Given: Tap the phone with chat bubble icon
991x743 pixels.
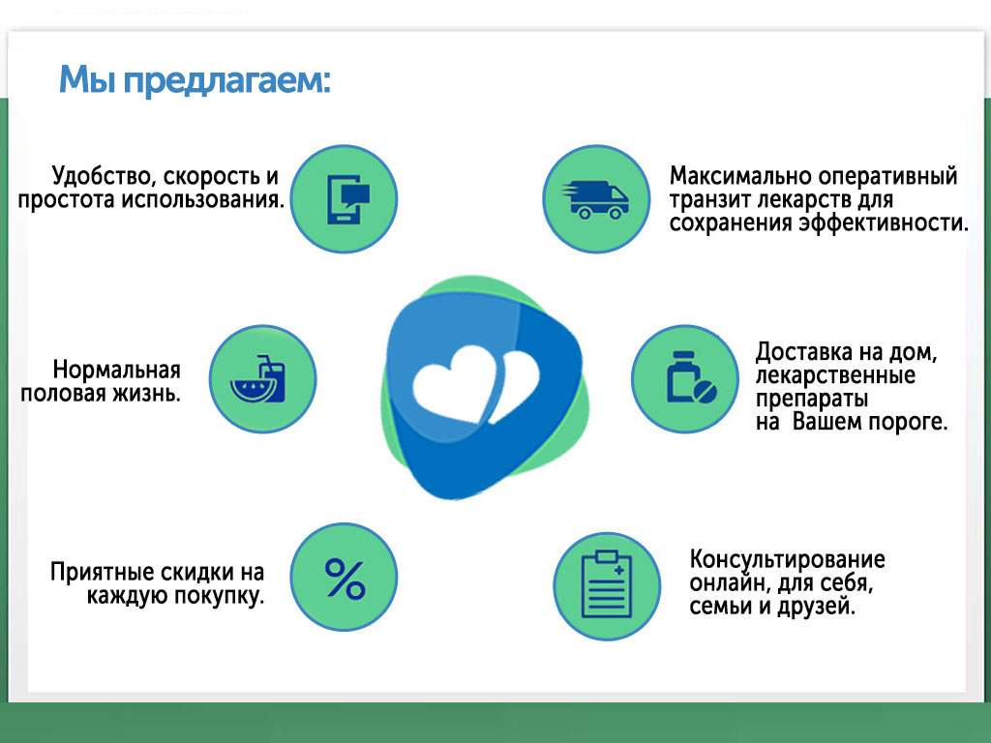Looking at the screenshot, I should [x=345, y=199].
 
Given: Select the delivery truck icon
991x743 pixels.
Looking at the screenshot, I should [x=595, y=199].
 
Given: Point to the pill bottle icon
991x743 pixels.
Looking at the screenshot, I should [x=685, y=378].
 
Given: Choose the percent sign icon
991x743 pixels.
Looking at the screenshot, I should [x=345, y=578].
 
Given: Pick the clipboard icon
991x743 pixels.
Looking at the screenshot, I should [x=607, y=585].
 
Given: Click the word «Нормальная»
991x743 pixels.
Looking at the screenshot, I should [x=117, y=371].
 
